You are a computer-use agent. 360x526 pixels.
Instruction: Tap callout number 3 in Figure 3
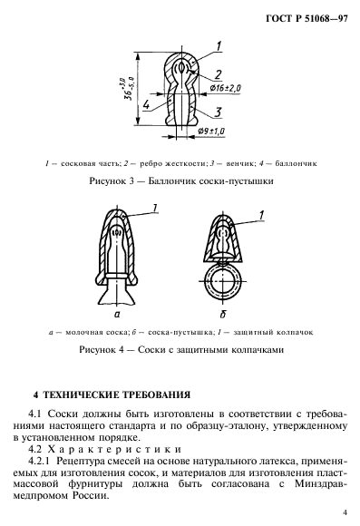(219, 112)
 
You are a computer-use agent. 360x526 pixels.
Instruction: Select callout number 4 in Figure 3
(145, 105)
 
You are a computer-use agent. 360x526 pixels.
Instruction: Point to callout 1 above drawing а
(155, 209)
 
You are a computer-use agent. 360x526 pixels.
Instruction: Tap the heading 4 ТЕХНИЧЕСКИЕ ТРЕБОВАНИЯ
(112, 395)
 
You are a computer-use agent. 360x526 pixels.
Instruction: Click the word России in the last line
(139, 498)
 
